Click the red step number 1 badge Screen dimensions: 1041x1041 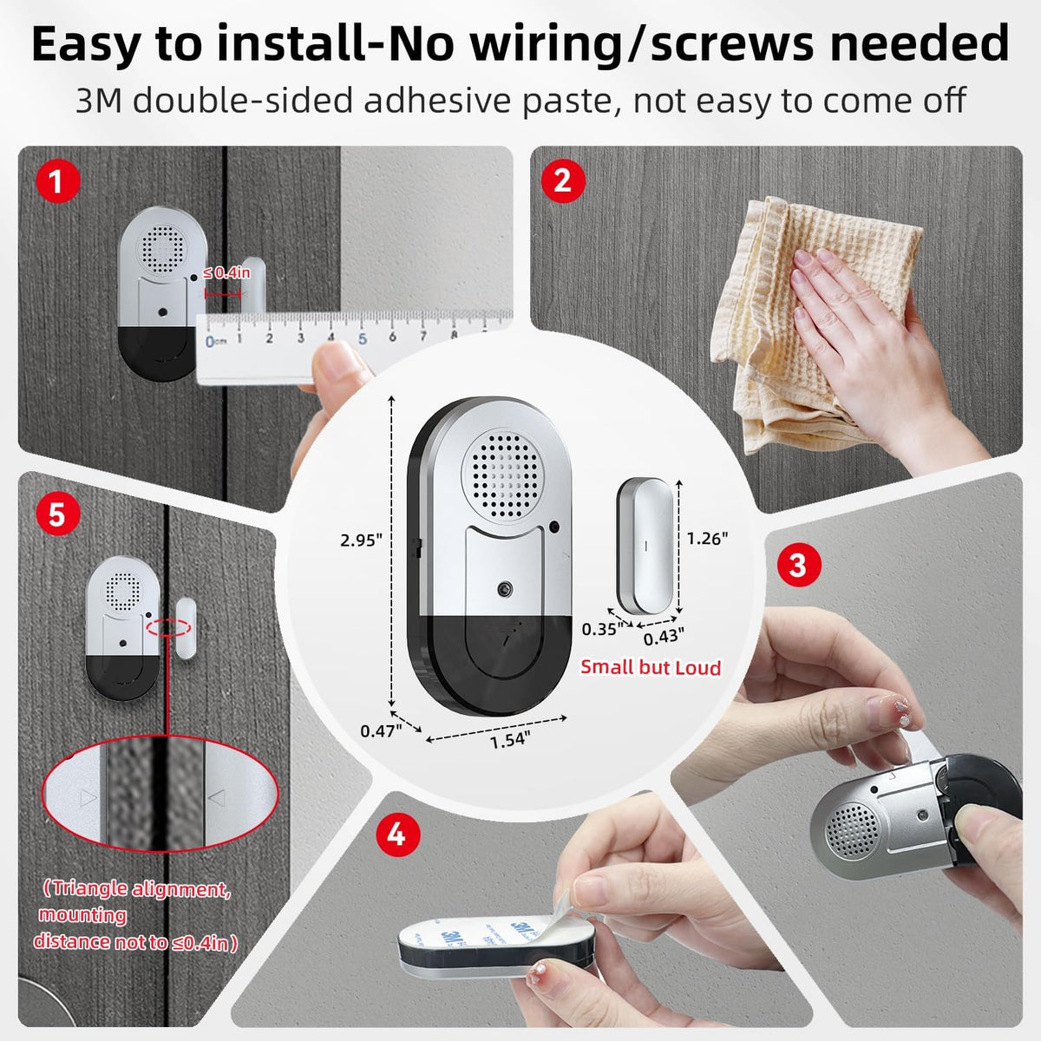tap(58, 181)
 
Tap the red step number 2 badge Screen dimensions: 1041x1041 tap(563, 181)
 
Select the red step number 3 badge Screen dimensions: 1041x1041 tap(799, 565)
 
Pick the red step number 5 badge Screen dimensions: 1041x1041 tap(58, 514)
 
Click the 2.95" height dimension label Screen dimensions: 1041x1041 tap(361, 540)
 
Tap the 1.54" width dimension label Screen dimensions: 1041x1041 tap(510, 740)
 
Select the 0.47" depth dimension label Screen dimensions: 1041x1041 tap(381, 731)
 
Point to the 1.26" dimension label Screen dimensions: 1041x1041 tap(707, 538)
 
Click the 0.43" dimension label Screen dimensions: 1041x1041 tap(664, 638)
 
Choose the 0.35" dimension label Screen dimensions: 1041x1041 tap(602, 629)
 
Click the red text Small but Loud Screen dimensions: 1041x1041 tap(651, 668)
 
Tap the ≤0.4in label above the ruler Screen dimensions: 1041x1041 tap(226, 273)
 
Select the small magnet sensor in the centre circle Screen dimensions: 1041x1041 tap(645, 547)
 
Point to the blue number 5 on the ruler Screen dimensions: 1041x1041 tap(363, 338)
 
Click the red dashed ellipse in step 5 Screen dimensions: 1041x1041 tap(168, 628)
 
